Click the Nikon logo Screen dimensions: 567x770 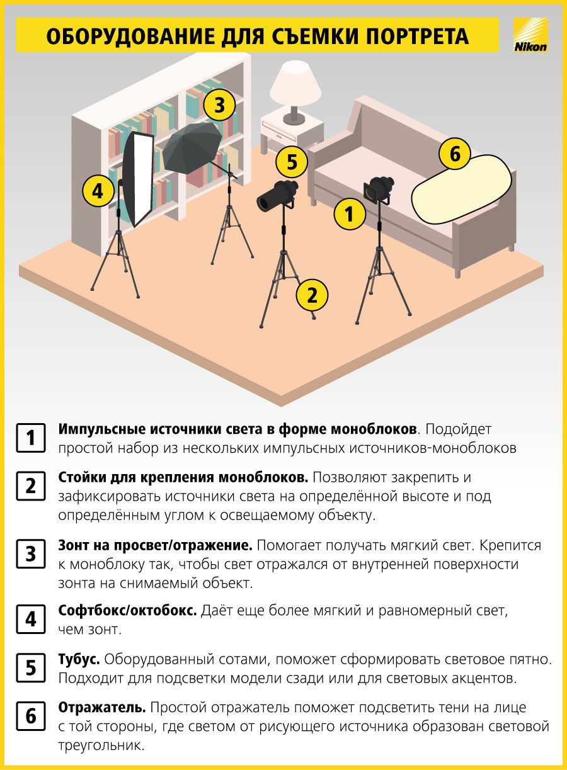pos(530,35)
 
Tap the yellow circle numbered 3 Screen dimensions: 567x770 pos(219,105)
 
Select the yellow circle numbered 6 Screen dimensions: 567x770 pos(454,154)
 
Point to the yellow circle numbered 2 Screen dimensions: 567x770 pos(312,295)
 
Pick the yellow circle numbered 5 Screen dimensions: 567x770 pos(292,162)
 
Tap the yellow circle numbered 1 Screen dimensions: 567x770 pos(349,214)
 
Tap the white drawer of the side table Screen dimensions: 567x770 pos(278,132)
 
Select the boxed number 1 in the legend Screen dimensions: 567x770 pos(31,438)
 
